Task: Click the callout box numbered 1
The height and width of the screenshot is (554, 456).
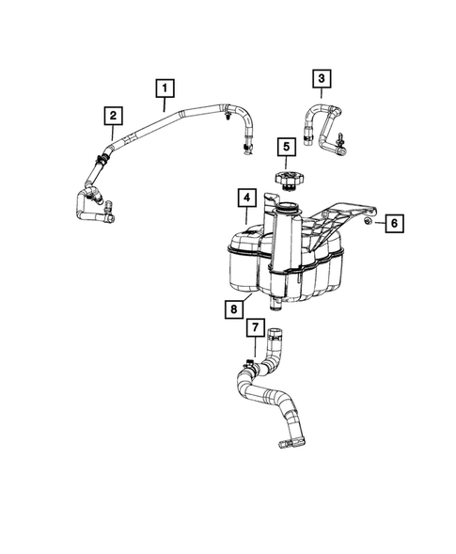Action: coord(165,88)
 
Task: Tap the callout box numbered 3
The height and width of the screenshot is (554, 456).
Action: coord(322,78)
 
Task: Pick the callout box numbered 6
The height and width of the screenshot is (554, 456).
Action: coord(394,223)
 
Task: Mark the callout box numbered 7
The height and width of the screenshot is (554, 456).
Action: coord(254,327)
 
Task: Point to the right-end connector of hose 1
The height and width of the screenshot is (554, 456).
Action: coord(248,147)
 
